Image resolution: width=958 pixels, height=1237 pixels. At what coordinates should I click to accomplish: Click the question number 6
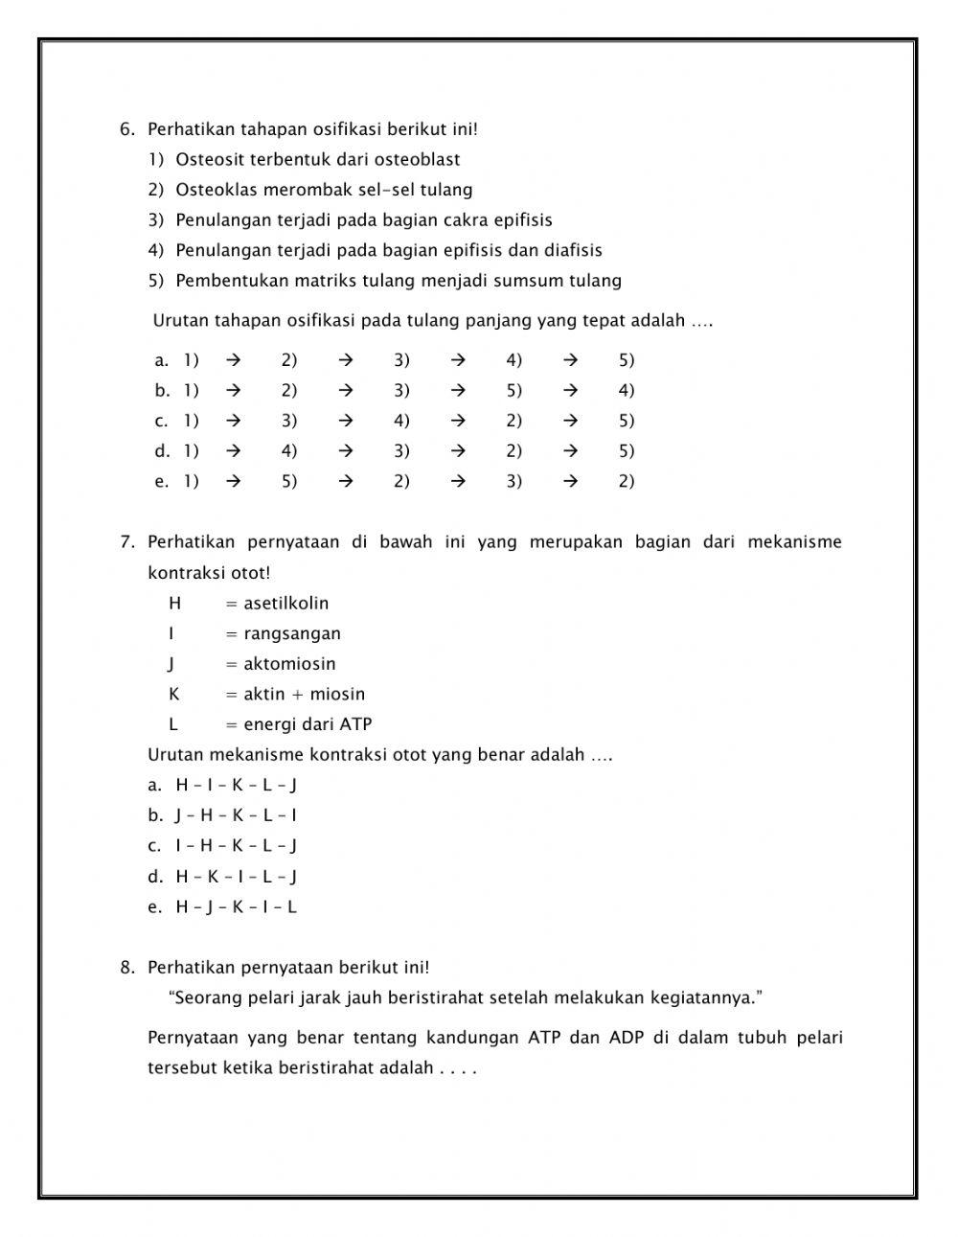click(127, 129)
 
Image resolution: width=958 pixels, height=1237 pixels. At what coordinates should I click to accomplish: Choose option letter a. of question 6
click(161, 360)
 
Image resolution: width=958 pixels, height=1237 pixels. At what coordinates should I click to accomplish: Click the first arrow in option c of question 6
click(233, 421)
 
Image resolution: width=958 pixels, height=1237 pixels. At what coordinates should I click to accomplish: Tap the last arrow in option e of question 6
click(571, 481)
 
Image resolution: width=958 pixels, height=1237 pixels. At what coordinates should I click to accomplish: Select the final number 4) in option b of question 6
click(627, 390)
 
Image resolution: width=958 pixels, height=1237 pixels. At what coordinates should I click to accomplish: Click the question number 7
click(127, 542)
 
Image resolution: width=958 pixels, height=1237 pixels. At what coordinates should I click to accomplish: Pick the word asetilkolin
click(285, 603)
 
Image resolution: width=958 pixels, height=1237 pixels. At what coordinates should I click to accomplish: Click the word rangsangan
click(292, 633)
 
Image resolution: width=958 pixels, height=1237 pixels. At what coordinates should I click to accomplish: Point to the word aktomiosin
click(289, 664)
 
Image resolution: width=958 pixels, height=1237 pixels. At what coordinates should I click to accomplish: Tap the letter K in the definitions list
click(174, 695)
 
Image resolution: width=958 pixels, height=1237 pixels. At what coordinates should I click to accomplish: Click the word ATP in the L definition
click(355, 724)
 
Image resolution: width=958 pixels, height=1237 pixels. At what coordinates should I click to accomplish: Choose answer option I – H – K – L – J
click(236, 846)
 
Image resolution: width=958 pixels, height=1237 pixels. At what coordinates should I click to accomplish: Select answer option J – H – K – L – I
click(236, 815)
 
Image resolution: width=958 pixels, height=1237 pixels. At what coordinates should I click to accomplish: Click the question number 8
click(127, 968)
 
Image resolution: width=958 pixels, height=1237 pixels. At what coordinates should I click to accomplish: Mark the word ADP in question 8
click(627, 1038)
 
